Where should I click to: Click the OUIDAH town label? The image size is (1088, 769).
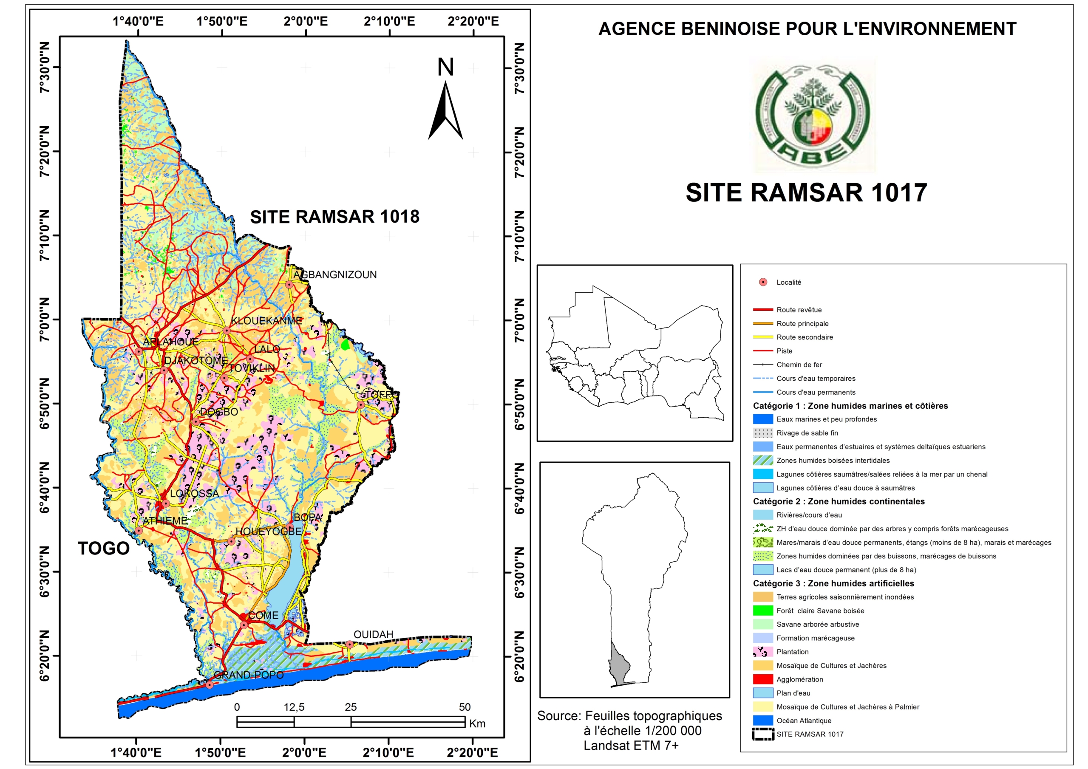(374, 634)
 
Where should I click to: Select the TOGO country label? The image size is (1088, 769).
(103, 548)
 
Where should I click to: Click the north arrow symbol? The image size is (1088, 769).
(445, 111)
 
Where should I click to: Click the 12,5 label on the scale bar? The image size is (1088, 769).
(294, 707)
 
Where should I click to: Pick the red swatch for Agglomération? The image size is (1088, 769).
(762, 679)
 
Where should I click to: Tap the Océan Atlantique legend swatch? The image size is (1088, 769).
(762, 720)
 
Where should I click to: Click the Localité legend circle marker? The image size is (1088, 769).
(763, 282)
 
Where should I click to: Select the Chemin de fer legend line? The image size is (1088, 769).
(762, 365)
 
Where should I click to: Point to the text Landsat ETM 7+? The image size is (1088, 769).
(631, 745)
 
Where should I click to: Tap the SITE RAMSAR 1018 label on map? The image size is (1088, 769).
(334, 217)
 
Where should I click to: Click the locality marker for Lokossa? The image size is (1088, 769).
(165, 503)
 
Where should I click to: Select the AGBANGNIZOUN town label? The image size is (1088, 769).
(335, 274)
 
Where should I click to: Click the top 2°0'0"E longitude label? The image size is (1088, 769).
(306, 21)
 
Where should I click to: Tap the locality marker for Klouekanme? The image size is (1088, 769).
(227, 331)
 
